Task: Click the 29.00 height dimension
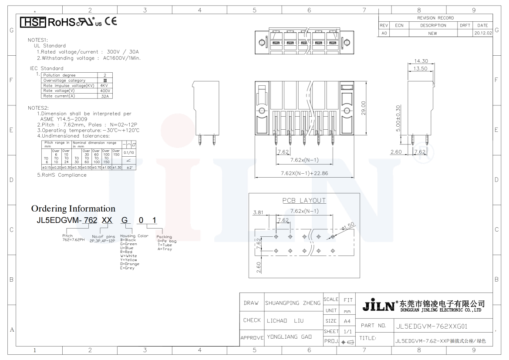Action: [x=364, y=108]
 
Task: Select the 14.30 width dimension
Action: [x=421, y=61]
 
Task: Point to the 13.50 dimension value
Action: [x=420, y=69]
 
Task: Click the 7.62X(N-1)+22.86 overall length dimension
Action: [x=304, y=173]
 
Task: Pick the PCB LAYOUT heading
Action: [x=304, y=201]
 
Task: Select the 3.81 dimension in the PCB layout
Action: [x=258, y=213]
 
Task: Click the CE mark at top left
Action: [x=111, y=21]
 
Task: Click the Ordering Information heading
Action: [x=73, y=209]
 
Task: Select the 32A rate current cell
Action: [x=104, y=96]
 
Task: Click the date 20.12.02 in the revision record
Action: [x=482, y=33]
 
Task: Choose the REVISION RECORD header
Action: [x=435, y=18]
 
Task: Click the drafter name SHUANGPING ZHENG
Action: [x=293, y=303]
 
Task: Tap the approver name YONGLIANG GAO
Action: [x=289, y=337]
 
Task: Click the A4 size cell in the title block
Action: [x=347, y=321]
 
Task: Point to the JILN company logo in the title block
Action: [x=378, y=305]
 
